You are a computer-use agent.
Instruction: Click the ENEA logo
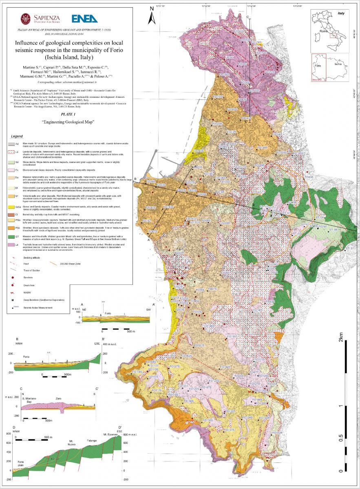tap(84, 18)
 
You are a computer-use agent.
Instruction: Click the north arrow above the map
tap(151, 16)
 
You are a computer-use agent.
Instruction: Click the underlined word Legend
tap(17, 136)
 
